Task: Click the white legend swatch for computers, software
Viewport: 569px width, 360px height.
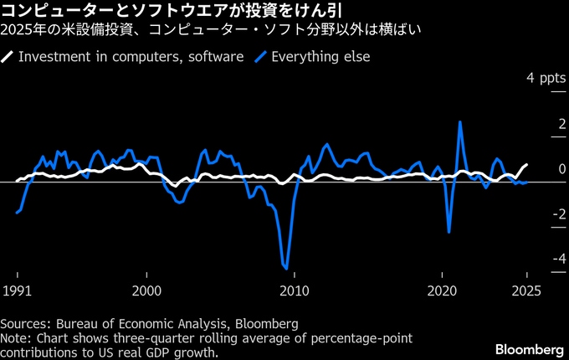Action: coord(8,57)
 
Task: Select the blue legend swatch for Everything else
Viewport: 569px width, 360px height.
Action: coord(261,57)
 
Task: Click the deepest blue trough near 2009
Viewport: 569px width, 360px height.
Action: coord(286,269)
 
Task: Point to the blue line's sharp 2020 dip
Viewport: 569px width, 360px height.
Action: coord(449,232)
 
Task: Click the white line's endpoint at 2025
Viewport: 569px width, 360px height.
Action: coord(527,164)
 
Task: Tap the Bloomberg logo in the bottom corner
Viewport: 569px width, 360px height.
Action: coord(528,348)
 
